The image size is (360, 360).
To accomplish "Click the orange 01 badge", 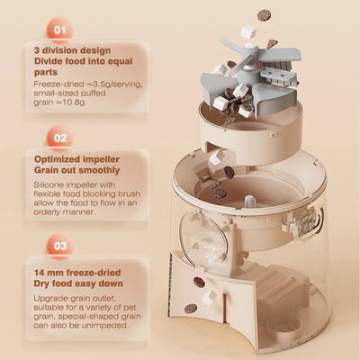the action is [x=59, y=30].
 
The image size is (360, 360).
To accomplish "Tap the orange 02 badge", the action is [x=59, y=138].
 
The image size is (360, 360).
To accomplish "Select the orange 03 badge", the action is [x=59, y=246].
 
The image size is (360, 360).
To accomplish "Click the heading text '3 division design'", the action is [x=72, y=50].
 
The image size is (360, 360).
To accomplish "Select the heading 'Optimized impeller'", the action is [x=76, y=159].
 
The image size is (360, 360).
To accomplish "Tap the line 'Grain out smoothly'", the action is [x=76, y=170].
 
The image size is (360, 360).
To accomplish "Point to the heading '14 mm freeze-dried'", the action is [x=77, y=273].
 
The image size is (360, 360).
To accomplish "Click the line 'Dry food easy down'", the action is [x=78, y=283].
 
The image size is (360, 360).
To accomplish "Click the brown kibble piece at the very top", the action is [x=264, y=15].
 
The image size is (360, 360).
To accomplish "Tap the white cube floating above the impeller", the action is [x=248, y=31].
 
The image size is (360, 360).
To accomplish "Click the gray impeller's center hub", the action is [x=251, y=48].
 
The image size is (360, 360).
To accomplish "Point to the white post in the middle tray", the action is [x=249, y=201].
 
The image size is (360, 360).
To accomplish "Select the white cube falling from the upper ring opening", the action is [x=215, y=157].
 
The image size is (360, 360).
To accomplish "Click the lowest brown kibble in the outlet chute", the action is [x=191, y=308].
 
